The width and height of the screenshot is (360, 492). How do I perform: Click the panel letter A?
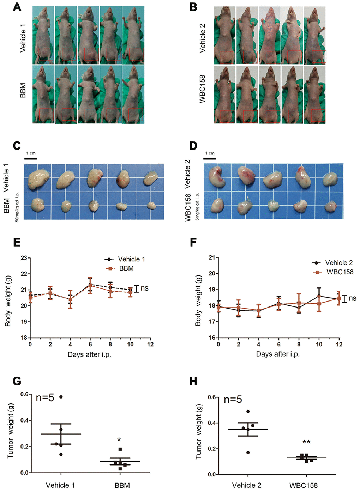pos(17,7)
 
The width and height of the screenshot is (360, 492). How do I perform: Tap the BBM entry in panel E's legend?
pos(126,268)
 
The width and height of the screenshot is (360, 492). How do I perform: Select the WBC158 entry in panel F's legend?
pos(340,272)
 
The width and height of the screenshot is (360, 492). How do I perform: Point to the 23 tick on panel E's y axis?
pos(24,258)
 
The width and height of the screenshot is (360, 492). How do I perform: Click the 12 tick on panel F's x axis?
pos(339,344)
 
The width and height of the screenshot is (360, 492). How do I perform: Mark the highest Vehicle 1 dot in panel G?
pos(61,397)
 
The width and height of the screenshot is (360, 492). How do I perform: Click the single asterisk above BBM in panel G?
pos(119,440)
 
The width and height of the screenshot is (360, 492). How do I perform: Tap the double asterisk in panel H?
pos(306,442)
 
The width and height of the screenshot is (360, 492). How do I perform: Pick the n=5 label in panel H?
pos(233,399)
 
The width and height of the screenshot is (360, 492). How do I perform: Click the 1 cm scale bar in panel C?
pos(31,159)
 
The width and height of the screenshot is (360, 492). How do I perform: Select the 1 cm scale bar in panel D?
pos(210,159)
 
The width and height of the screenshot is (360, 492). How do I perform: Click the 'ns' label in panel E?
pos(144,288)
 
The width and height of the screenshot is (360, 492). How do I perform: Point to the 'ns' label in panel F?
pos(352,298)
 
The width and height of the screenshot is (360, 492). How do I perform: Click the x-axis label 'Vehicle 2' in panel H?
pos(247,485)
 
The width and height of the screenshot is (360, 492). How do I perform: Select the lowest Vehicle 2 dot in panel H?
pos(248,452)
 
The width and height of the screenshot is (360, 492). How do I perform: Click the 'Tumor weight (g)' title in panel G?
pos(10,431)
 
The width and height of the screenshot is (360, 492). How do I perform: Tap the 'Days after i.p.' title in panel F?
pos(278,354)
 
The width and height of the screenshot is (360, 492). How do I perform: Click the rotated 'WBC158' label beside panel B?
pos(202,89)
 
